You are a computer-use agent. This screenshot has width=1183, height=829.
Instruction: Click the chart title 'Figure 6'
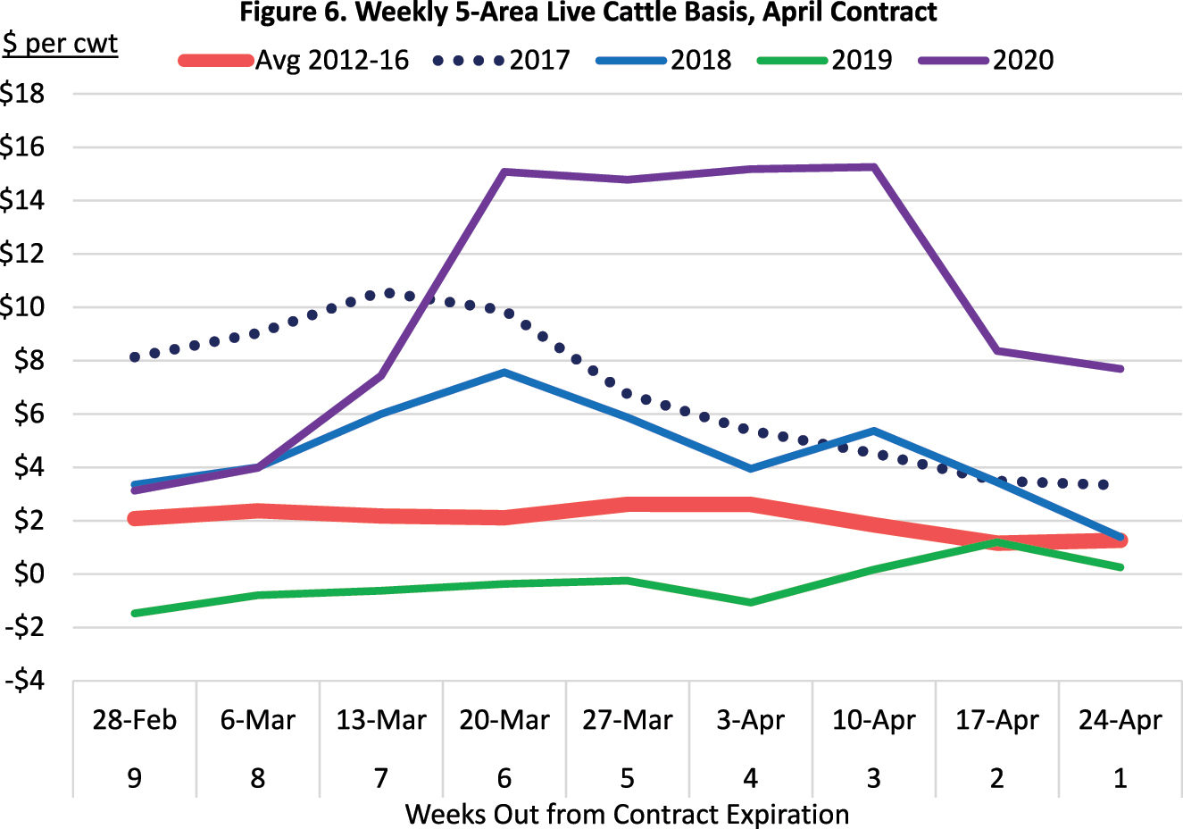[x=588, y=13]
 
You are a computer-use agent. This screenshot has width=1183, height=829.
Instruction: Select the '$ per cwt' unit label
[x=60, y=44]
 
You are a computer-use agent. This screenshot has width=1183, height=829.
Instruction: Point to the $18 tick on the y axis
[x=23, y=93]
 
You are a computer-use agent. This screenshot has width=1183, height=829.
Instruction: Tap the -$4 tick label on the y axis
[x=25, y=681]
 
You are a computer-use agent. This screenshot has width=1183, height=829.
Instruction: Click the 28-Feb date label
[x=135, y=720]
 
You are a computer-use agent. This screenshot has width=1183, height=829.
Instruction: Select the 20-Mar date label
[x=504, y=720]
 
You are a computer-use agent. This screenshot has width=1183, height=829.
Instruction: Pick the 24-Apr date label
[x=1121, y=720]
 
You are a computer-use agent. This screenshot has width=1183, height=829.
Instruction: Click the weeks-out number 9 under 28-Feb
[x=135, y=778]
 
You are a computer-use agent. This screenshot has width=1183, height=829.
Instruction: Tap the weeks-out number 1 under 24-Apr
[x=1121, y=778]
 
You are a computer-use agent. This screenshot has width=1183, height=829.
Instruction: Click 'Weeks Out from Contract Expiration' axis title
[x=627, y=815]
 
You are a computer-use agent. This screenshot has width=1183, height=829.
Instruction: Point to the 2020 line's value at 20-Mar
[x=504, y=172]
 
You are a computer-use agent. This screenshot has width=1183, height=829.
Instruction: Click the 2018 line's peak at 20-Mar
[x=504, y=373]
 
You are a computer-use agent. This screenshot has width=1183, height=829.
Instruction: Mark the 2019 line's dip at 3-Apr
[x=751, y=602]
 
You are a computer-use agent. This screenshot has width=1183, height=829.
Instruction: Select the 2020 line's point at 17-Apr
[x=997, y=351]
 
